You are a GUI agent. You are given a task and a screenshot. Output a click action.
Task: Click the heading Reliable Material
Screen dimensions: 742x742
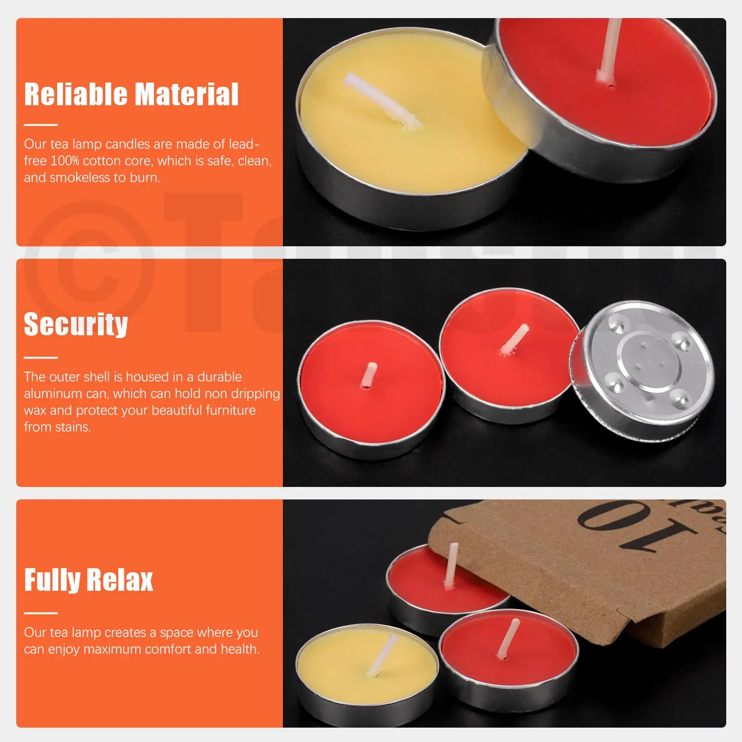(x=131, y=94)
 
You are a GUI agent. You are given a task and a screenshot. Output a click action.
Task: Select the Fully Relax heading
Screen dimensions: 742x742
(x=88, y=580)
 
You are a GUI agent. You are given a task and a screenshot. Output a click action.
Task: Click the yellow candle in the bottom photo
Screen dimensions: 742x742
(x=366, y=668)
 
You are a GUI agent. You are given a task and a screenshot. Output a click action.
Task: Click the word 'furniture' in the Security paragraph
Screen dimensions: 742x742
(x=230, y=410)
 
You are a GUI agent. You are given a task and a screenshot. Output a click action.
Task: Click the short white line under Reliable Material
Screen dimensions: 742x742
(x=41, y=125)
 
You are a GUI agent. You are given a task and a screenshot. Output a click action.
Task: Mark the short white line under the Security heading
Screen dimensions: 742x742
(x=41, y=358)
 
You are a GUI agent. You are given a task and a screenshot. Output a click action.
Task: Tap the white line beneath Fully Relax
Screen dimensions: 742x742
(x=41, y=613)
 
